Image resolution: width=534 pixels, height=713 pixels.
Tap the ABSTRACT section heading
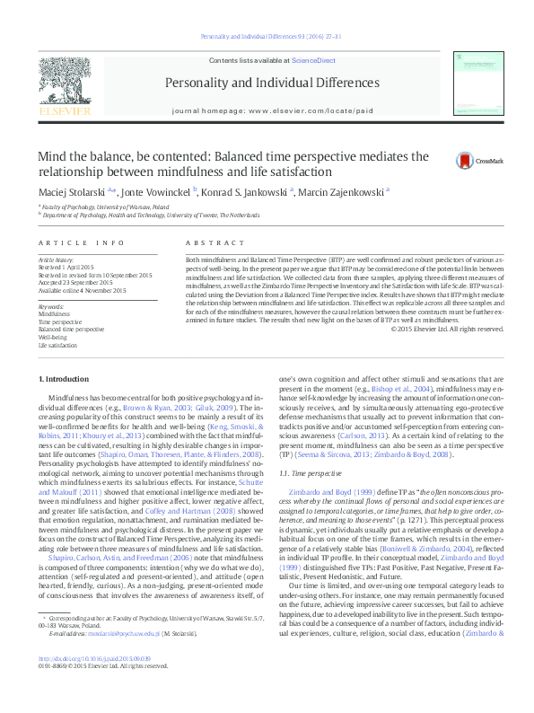pos(207,244)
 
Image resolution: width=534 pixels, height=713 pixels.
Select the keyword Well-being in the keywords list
pos(53,337)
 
